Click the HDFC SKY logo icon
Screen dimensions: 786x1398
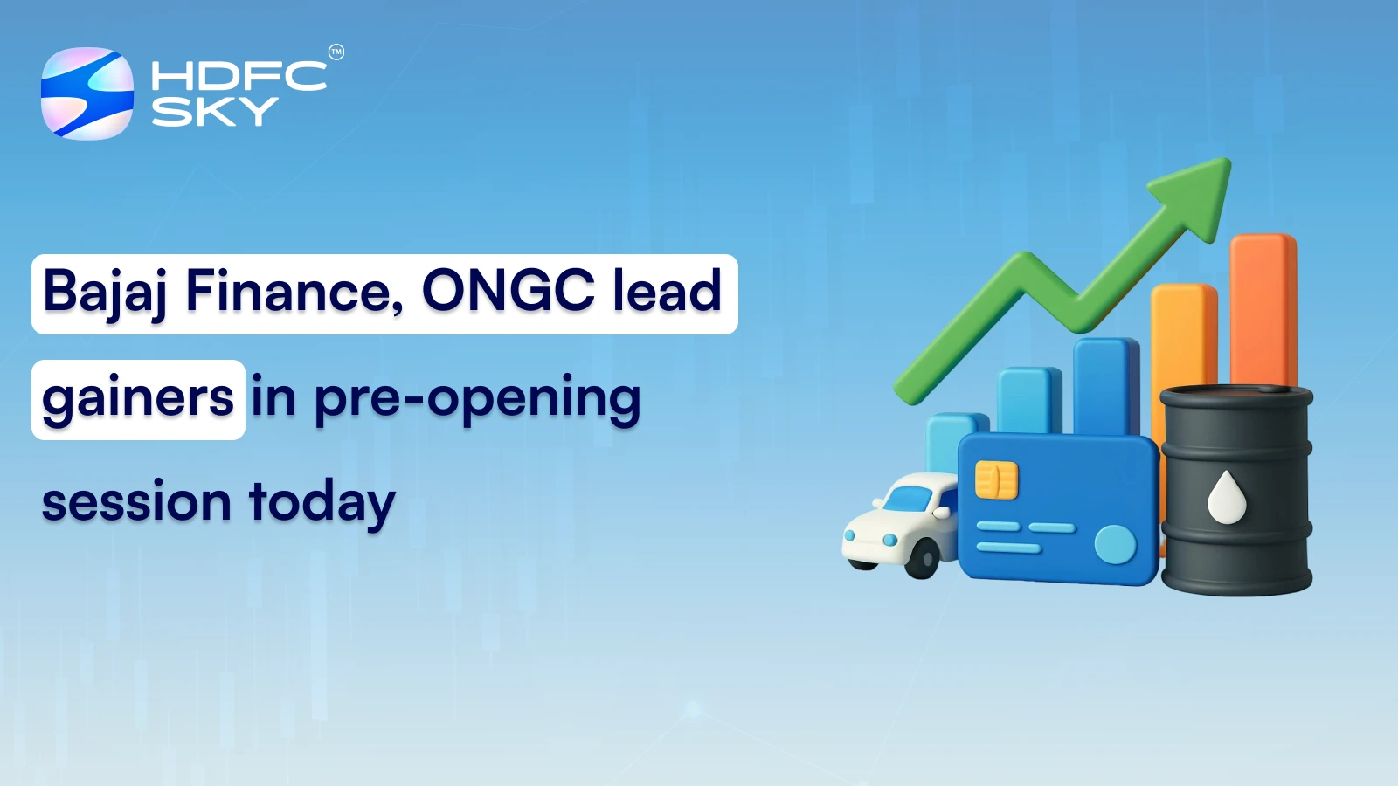tap(87, 93)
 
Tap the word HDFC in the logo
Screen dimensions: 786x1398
tap(239, 76)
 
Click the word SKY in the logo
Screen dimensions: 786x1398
tap(215, 112)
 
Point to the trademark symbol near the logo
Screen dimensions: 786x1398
tap(336, 52)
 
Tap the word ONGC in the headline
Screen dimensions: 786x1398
tap(508, 291)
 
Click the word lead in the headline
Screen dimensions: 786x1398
tap(667, 291)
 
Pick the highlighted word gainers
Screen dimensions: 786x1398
tap(138, 399)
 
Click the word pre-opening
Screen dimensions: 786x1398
tap(477, 399)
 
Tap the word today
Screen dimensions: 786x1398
tap(322, 504)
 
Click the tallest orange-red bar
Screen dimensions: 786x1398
tap(1263, 306)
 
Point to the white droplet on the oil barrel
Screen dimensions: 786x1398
tap(1226, 497)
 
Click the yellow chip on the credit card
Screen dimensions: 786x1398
tap(996, 479)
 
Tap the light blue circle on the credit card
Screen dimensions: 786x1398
tap(1115, 544)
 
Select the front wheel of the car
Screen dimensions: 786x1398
tap(921, 558)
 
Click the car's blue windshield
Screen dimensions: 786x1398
tap(909, 499)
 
